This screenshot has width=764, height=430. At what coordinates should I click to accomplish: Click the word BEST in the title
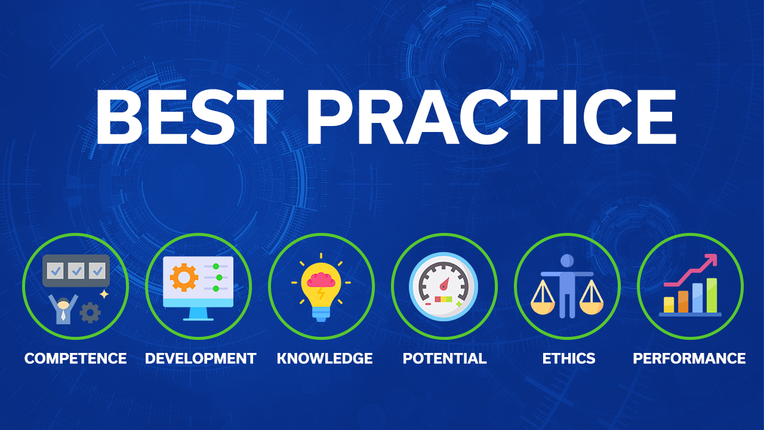190,117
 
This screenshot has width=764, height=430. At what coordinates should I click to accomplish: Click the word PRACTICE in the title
491,117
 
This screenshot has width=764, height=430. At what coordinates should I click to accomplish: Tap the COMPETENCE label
75,358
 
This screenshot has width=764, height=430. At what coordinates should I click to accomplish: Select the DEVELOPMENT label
201,358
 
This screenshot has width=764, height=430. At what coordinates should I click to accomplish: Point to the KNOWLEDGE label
325,358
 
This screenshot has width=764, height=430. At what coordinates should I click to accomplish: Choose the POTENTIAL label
445,358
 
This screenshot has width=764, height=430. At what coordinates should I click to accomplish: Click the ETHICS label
569,358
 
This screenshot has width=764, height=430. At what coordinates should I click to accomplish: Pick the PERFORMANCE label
689,358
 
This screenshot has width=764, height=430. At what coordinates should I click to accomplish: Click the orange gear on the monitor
184,278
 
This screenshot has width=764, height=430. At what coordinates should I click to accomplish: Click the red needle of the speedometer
445,284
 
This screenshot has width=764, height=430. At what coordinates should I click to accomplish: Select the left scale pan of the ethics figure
543,307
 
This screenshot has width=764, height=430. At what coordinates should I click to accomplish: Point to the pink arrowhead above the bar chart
711,260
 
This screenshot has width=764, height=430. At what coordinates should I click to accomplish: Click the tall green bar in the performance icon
711,295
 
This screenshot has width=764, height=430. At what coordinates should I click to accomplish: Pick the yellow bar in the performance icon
668,305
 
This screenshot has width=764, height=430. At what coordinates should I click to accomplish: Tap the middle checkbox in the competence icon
76,271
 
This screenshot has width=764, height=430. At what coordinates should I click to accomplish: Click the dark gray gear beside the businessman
90,312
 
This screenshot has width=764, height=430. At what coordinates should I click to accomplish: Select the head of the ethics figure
567,261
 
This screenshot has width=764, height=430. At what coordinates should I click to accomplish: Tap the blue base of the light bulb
321,314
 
